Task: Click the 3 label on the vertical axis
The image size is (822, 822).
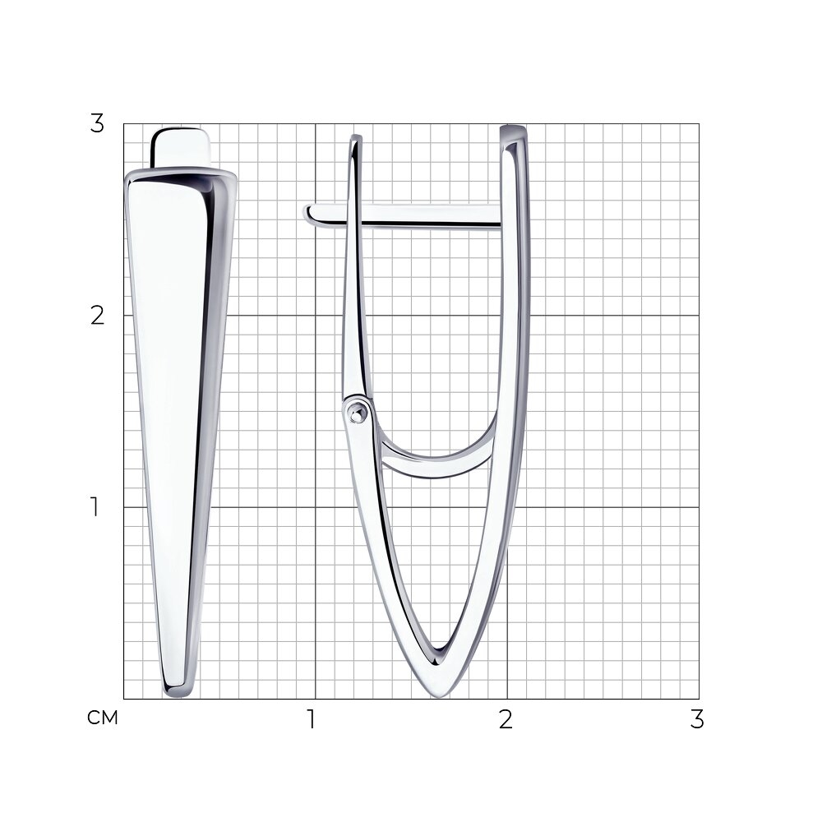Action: click(x=98, y=124)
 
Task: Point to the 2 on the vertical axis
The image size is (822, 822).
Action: click(x=98, y=316)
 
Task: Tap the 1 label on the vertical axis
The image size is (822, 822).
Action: click(x=95, y=507)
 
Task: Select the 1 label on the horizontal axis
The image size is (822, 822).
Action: click(x=312, y=719)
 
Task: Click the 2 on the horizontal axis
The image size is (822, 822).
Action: click(x=506, y=719)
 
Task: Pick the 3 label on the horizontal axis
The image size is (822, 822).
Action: click(x=697, y=719)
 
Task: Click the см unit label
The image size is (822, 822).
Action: click(x=103, y=718)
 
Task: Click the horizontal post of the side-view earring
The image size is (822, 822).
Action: click(x=403, y=216)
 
